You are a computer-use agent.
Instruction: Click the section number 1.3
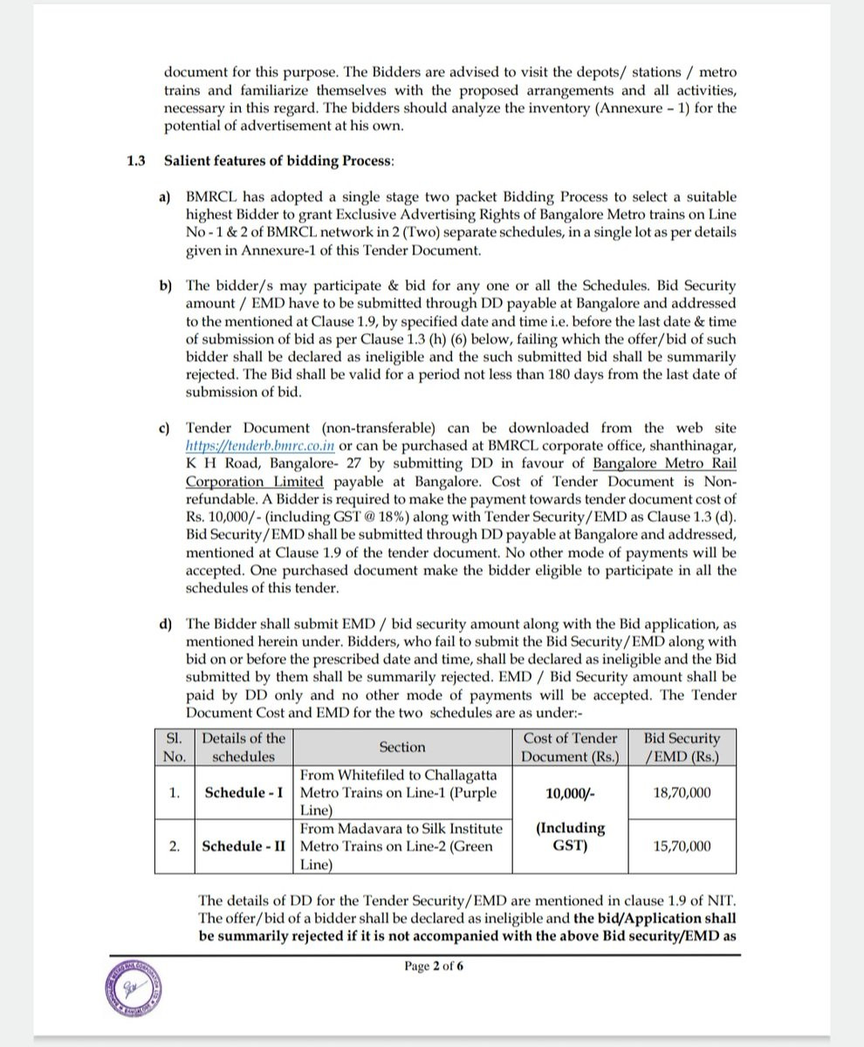pos(135,161)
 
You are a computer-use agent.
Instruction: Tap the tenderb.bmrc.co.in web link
pos(261,447)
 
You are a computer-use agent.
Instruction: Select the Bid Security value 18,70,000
pos(682,792)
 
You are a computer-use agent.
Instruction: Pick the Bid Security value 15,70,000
pos(682,845)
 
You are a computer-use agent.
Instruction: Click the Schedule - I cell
pos(243,792)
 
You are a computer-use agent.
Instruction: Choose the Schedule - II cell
pos(243,845)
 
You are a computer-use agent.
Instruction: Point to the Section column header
pos(402,747)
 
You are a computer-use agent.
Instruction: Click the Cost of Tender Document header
pos(570,747)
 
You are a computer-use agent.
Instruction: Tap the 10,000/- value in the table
pos(570,792)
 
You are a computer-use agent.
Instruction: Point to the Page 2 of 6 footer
pos(434,966)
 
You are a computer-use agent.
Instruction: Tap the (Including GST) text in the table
pos(570,836)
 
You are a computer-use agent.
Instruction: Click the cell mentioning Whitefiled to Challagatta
pos(402,792)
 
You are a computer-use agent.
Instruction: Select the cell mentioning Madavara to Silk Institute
pos(402,845)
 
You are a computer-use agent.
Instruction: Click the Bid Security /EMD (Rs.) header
pos(682,747)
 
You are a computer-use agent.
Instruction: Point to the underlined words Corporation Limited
pos(255,482)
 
